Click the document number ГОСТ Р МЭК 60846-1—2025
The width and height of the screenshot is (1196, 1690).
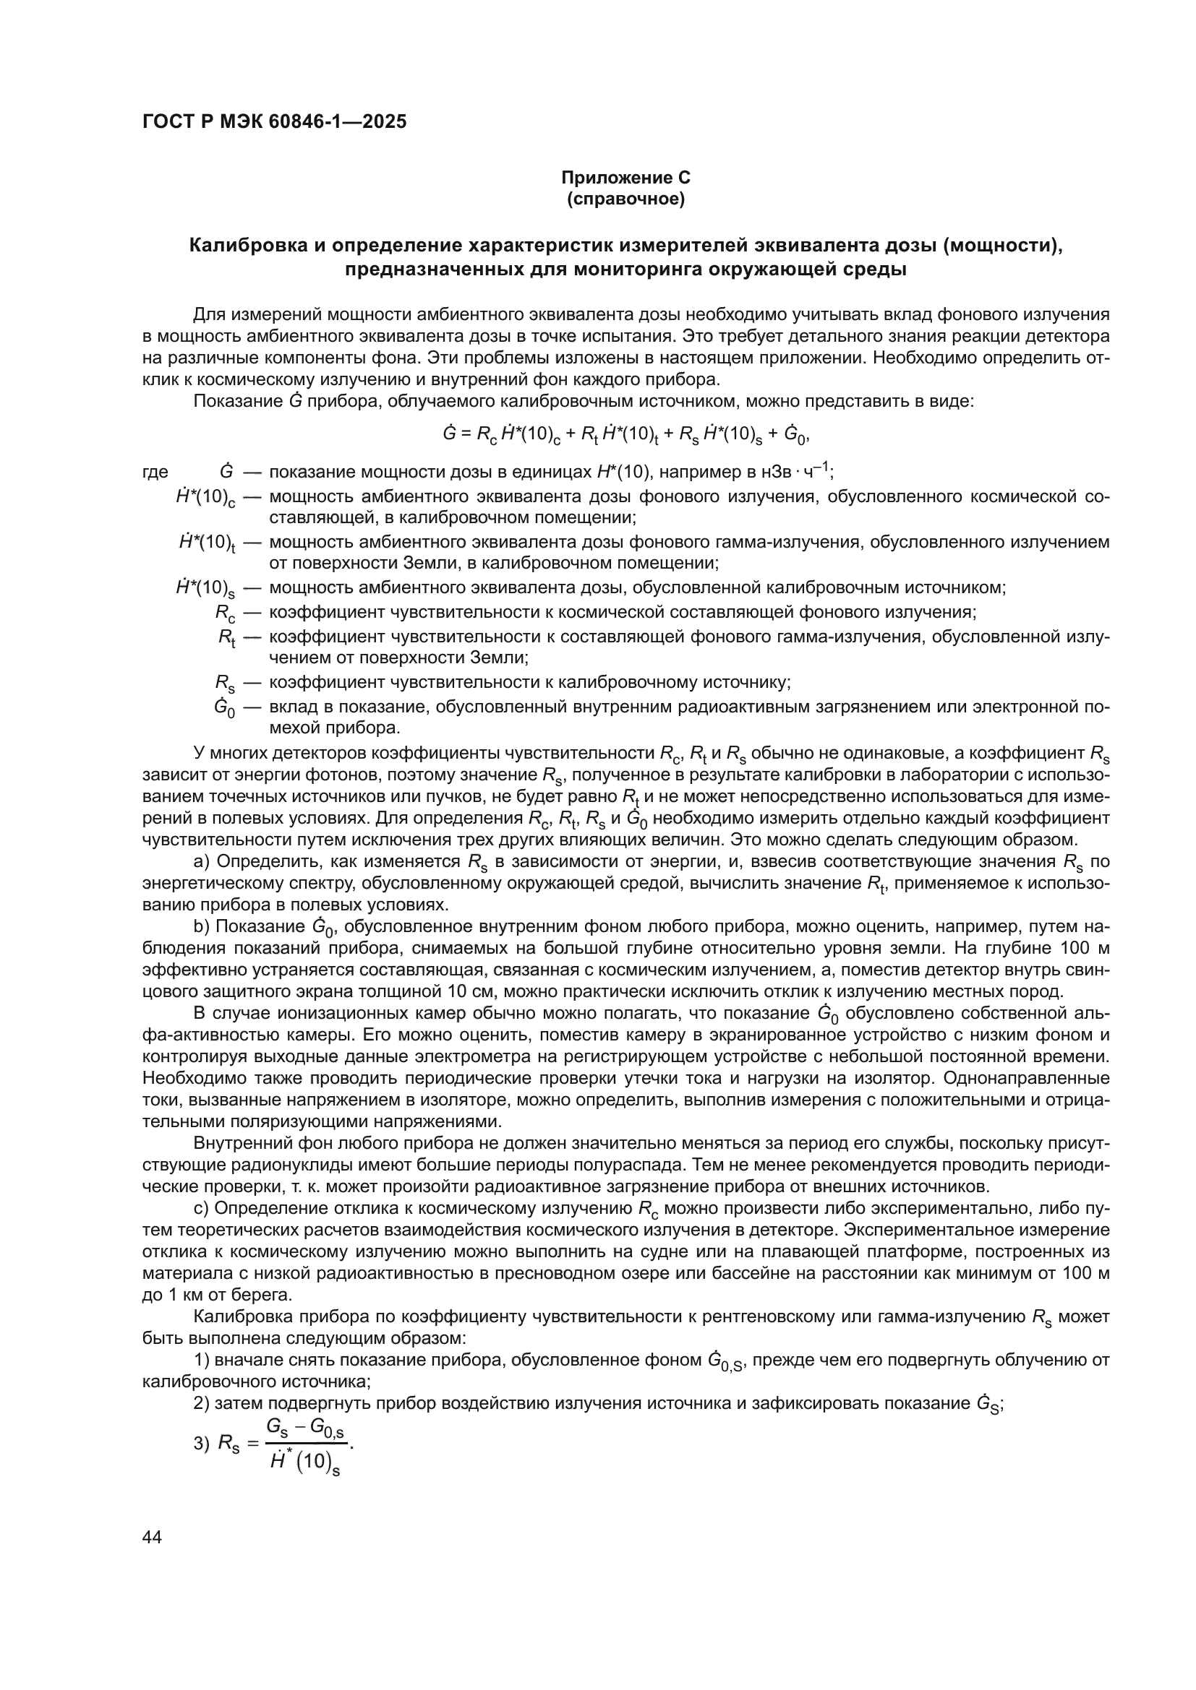coord(274,122)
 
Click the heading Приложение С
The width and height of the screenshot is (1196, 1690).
coord(625,178)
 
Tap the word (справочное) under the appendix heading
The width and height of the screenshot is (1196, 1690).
coord(625,199)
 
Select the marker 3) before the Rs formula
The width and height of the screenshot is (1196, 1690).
coord(201,1444)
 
